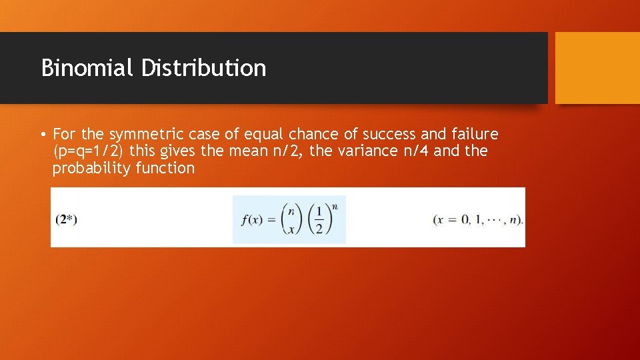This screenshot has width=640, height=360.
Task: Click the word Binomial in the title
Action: point(87,68)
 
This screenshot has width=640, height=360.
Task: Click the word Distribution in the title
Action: point(203,68)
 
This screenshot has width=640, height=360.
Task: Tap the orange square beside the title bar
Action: point(597,68)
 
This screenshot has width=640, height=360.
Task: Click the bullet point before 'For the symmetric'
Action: point(43,135)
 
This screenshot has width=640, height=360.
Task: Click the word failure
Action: point(473,134)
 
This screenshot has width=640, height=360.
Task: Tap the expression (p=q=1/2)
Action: point(89,151)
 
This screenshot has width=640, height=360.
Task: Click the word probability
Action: point(91,169)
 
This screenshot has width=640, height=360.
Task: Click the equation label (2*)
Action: point(67,219)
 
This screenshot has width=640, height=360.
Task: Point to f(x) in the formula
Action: point(250,219)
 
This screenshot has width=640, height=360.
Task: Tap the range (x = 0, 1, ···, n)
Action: point(478,219)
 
